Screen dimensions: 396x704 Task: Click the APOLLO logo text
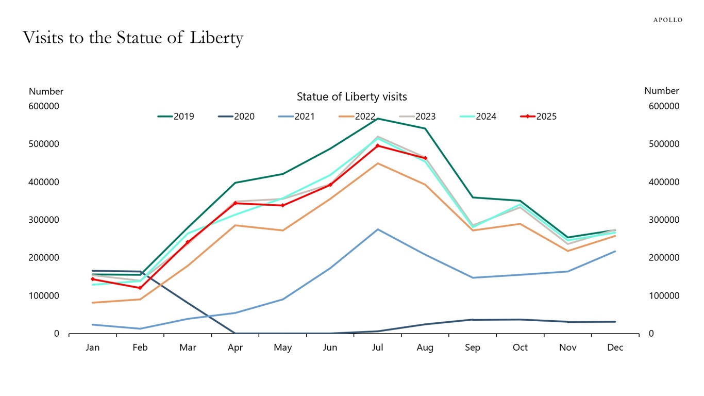[x=667, y=20]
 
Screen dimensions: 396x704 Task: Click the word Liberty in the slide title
[x=216, y=38]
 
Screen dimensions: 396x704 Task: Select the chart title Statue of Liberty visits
[x=351, y=97]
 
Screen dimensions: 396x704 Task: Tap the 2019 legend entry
[x=176, y=117]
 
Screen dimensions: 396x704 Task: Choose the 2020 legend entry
[x=237, y=117]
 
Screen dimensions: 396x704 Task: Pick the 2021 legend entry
[x=297, y=117]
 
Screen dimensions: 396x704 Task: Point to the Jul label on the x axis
[x=378, y=348]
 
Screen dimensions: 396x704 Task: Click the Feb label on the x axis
[x=140, y=348]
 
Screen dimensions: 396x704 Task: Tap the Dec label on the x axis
[x=615, y=348]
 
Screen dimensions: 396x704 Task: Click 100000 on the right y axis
[x=664, y=296]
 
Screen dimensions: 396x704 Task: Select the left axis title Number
[x=46, y=92]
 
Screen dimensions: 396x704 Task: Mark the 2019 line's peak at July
[x=378, y=119]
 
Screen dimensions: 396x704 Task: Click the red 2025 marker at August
[x=425, y=158]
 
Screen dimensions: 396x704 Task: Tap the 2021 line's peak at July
[x=378, y=229]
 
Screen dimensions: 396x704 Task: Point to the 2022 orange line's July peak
[x=378, y=163]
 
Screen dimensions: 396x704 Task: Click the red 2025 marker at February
[x=140, y=288]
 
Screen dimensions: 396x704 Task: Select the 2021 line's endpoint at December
[x=615, y=251]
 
